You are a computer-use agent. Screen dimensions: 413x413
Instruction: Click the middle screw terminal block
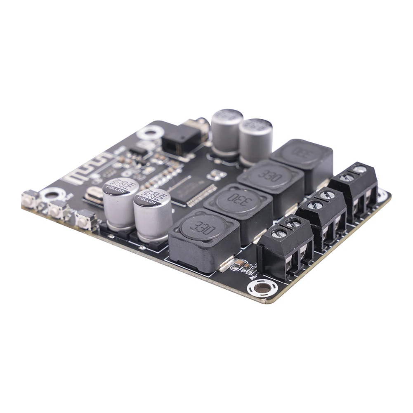(x=321, y=216)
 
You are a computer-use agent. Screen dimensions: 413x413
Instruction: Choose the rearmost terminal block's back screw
(x=359, y=169)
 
